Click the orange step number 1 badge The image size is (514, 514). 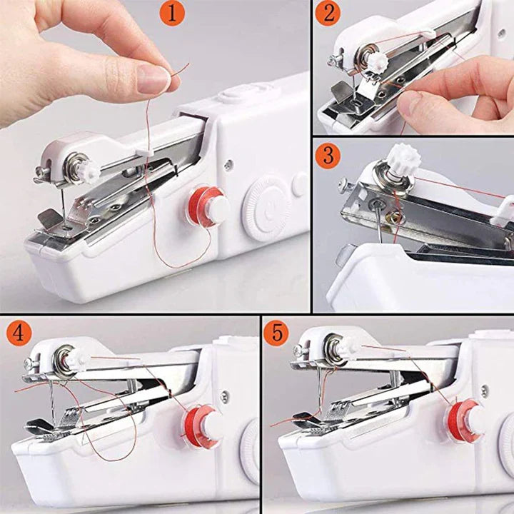(x=172, y=13)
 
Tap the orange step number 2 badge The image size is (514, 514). (x=328, y=13)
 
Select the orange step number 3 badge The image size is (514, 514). (x=328, y=155)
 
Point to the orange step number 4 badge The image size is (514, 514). (x=19, y=333)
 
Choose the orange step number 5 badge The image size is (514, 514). (x=276, y=333)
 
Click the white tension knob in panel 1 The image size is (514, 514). (x=88, y=172)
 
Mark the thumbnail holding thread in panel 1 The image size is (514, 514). (x=154, y=79)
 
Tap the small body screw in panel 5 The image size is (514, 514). (x=485, y=391)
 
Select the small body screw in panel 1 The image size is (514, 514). (x=228, y=164)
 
